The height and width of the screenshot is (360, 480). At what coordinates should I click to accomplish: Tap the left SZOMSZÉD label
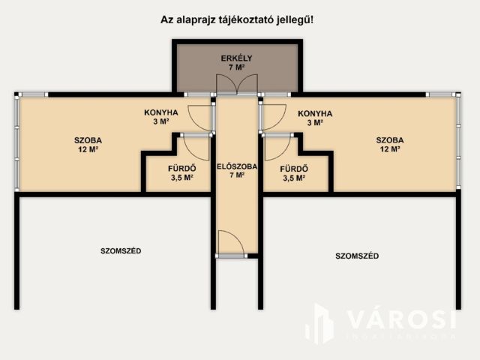121,250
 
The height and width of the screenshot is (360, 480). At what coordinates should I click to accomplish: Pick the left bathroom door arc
196,146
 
